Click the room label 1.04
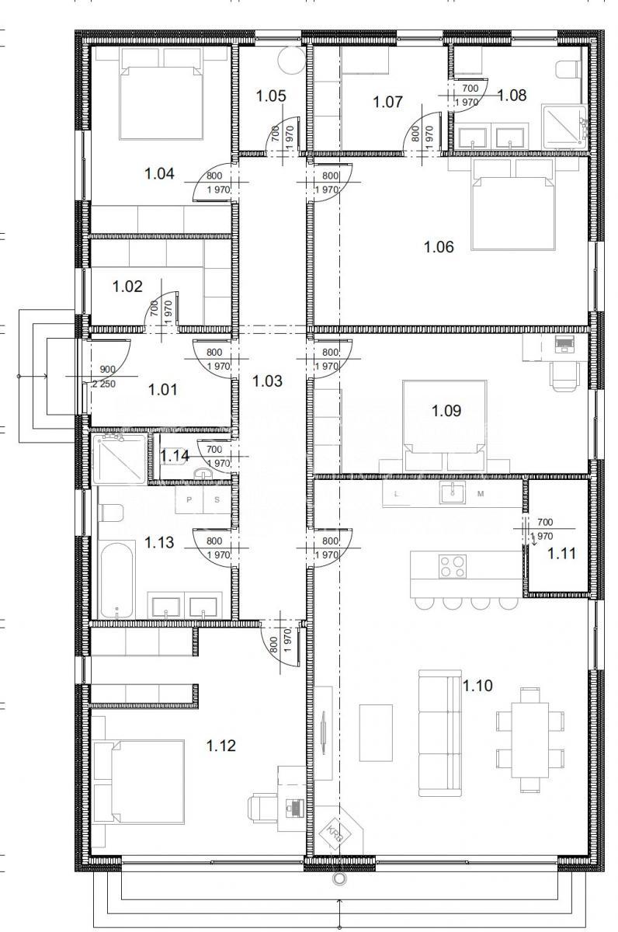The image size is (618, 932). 159,173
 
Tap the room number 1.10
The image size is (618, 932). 477,685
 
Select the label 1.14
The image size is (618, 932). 175,456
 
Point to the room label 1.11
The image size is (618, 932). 561,553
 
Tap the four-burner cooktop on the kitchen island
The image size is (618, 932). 453,566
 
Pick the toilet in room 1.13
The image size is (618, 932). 110,513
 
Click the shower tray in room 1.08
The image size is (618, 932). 564,127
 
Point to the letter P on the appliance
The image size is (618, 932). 189,499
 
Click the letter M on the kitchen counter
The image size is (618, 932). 481,494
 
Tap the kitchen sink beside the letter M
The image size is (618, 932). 453,493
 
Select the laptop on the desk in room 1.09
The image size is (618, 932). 564,345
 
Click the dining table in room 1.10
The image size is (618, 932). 529,739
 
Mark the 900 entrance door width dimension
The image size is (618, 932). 108,369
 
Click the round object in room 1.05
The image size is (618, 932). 293,61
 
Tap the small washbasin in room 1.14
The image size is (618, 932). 203,473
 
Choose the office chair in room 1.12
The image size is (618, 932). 263,807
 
